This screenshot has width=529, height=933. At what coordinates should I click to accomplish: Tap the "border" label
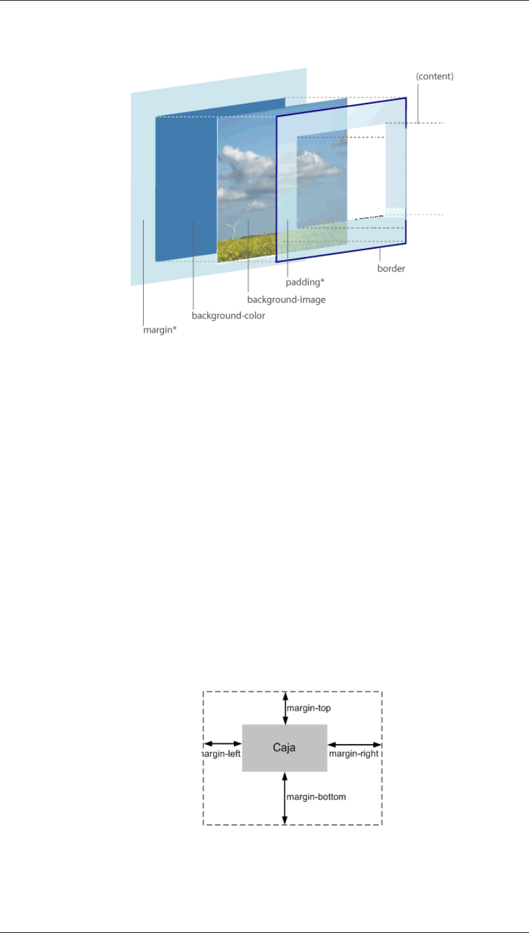pyautogui.click(x=391, y=269)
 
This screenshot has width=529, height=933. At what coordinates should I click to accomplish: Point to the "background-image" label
pyautogui.click(x=286, y=299)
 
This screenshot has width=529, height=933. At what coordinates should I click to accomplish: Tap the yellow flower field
pyautogui.click(x=247, y=249)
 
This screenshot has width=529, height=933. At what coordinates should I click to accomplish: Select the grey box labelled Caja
pyautogui.click(x=285, y=748)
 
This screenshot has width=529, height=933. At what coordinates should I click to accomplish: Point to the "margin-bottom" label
pyautogui.click(x=316, y=797)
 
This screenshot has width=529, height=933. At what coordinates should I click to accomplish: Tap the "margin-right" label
pyautogui.click(x=353, y=753)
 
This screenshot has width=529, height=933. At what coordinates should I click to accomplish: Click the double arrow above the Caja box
pyautogui.click(x=285, y=708)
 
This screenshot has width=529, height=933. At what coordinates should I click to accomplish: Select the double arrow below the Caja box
pyautogui.click(x=285, y=798)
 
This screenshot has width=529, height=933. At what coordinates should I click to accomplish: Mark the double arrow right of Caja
pyautogui.click(x=354, y=744)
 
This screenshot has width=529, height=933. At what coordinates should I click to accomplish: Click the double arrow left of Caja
pyautogui.click(x=223, y=744)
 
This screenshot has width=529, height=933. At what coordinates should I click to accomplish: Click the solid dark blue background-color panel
pyautogui.click(x=185, y=185)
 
